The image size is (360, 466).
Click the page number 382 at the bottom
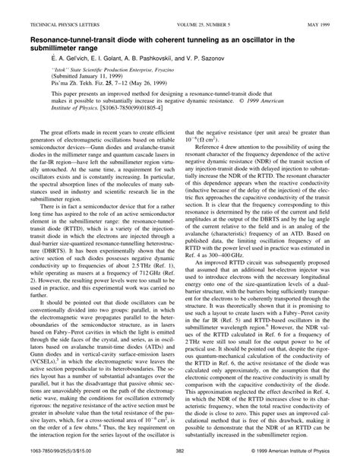tap(180, 455)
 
